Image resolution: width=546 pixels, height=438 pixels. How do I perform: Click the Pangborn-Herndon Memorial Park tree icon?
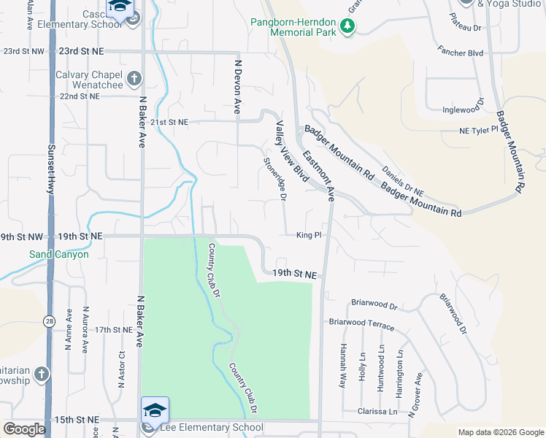pyautogui.click(x=348, y=27)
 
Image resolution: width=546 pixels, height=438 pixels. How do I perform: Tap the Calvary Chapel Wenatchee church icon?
pyautogui.click(x=134, y=79)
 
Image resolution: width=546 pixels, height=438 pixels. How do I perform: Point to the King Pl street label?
pyautogui.click(x=309, y=235)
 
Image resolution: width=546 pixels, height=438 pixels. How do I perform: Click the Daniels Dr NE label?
pyautogui.click(x=404, y=180)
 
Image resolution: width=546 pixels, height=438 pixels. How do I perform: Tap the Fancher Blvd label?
pyautogui.click(x=461, y=53)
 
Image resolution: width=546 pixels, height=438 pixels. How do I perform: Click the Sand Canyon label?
pyautogui.click(x=59, y=255)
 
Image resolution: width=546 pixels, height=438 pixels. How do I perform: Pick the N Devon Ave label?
pyautogui.click(x=237, y=87)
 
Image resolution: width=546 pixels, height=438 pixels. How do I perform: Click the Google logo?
pyautogui.click(x=24, y=429)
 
